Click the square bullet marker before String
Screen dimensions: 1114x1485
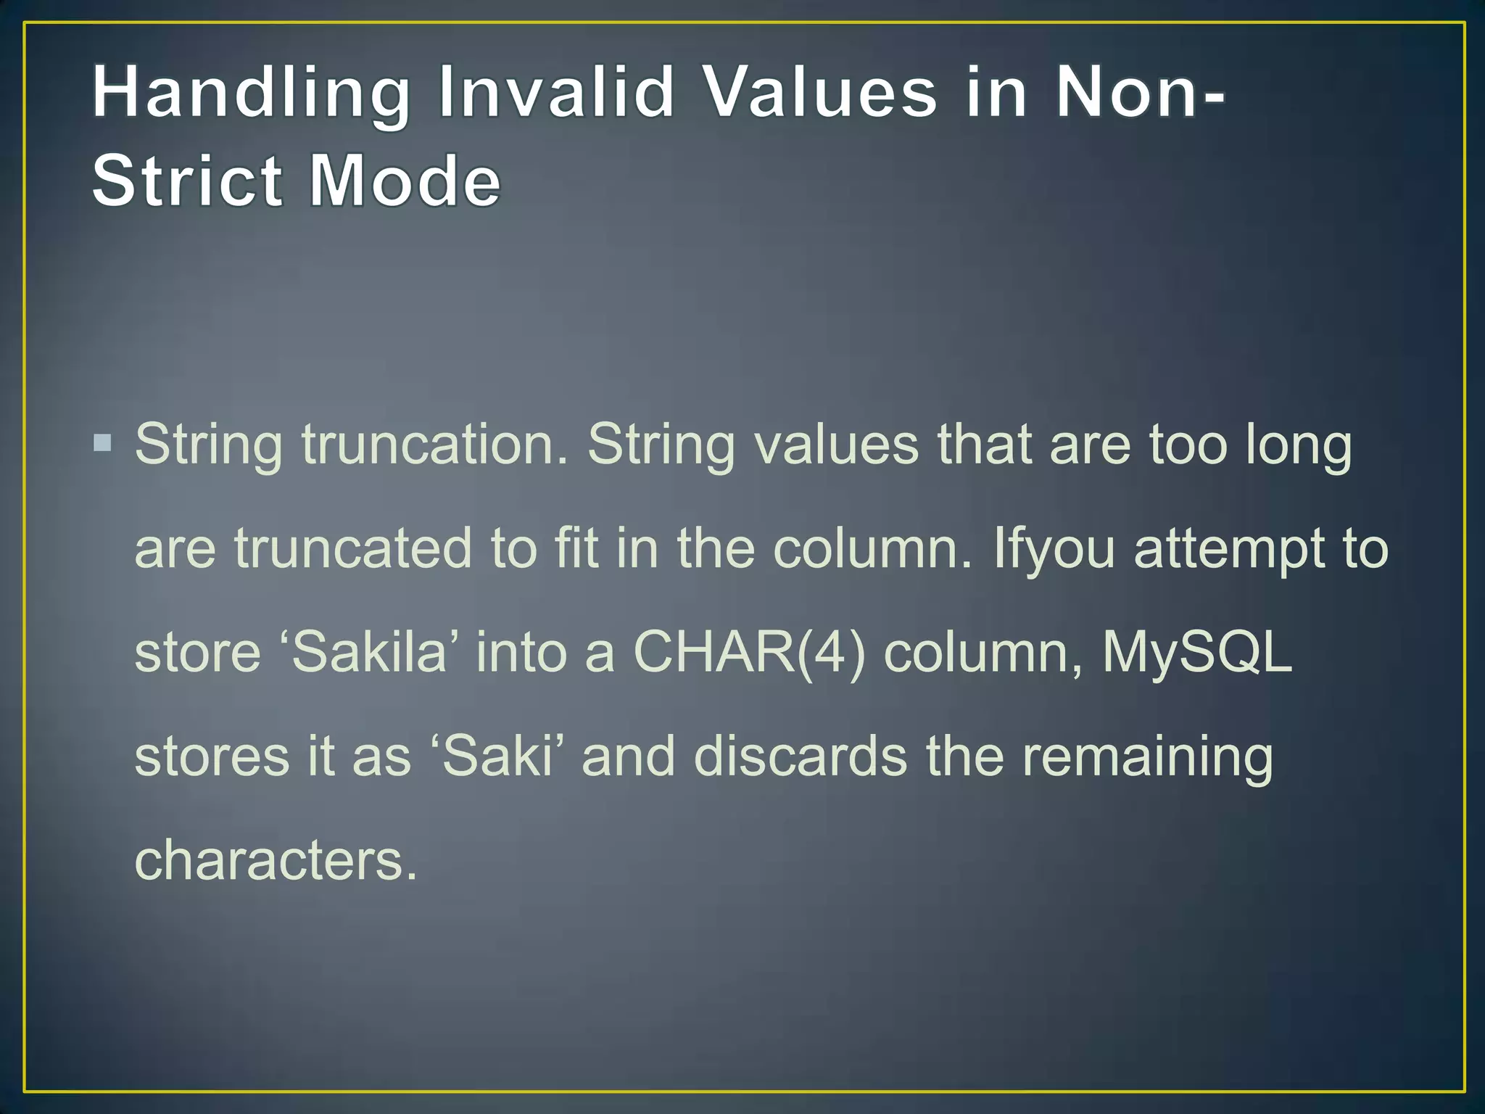pos(103,442)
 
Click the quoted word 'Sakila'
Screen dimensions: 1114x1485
pos(373,652)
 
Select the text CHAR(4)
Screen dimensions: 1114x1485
pos(749,652)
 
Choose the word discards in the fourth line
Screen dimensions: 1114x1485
pos(800,756)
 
